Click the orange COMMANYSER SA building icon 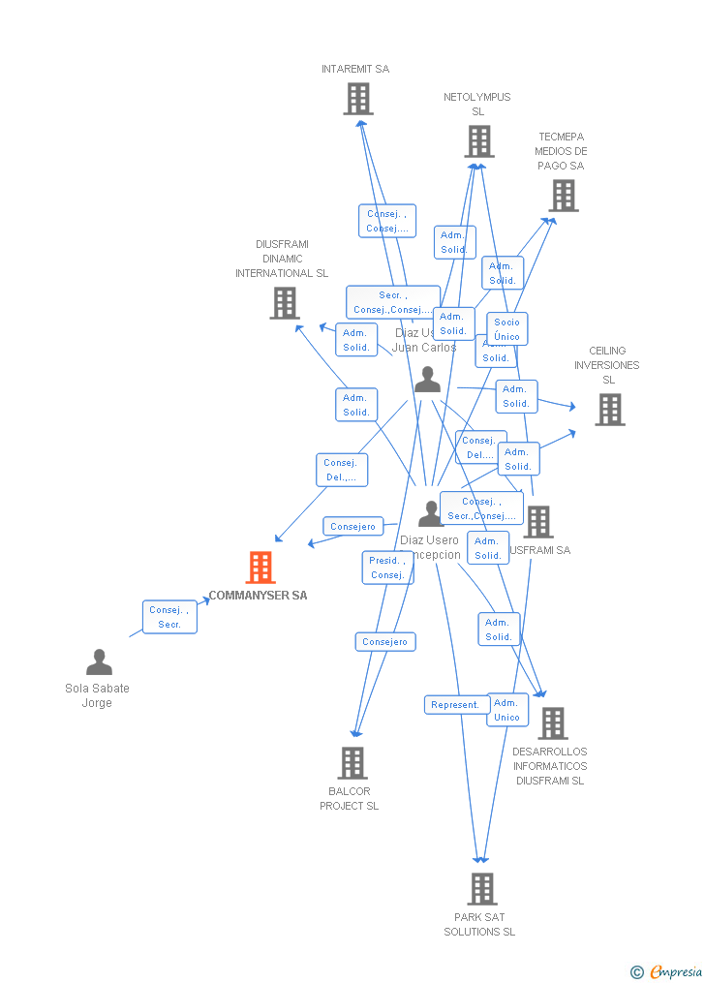click(x=261, y=568)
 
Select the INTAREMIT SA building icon click(x=358, y=99)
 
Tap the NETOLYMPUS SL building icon click(x=478, y=141)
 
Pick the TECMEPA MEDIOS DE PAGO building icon click(x=563, y=196)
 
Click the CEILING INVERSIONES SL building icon click(x=609, y=410)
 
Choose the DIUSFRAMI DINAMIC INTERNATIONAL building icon click(x=285, y=303)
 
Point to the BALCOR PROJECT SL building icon click(x=352, y=763)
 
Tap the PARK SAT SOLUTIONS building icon click(x=481, y=888)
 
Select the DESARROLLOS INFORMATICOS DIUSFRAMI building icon click(x=553, y=723)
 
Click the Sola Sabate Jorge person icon click(x=99, y=662)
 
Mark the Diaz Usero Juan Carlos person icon click(x=427, y=380)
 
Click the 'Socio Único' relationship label click(x=506, y=329)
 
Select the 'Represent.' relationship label click(x=456, y=705)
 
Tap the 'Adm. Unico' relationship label click(x=507, y=710)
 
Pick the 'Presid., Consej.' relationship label click(x=387, y=568)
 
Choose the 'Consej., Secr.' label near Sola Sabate click(x=169, y=617)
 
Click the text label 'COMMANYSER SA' click(x=259, y=596)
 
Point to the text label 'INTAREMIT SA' click(x=355, y=69)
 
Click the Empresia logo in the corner click(x=667, y=971)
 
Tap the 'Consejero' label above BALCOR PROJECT click(x=384, y=641)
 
